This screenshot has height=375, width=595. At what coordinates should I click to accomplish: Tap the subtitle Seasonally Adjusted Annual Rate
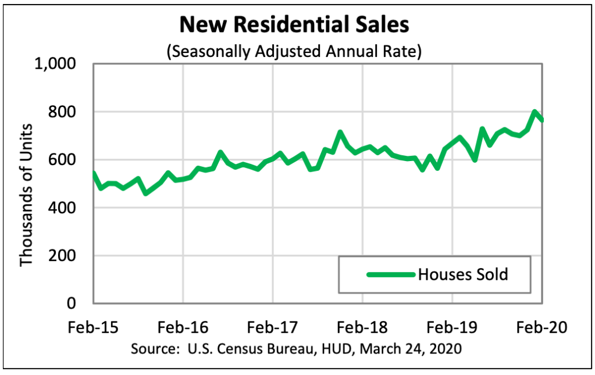pos(294,51)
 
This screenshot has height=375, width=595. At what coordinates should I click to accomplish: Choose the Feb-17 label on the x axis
pos(272,327)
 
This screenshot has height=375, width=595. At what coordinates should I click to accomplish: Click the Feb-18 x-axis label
pos(362,327)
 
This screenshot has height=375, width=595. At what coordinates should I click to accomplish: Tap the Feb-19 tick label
pos(452,327)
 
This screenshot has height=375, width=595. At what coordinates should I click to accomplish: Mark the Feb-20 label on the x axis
pos(541,327)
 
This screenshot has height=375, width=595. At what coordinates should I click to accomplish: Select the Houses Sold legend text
pos(463,274)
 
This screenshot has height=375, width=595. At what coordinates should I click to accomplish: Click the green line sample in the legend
pos(390,274)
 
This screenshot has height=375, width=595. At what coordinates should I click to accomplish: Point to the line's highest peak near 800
pos(534,112)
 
